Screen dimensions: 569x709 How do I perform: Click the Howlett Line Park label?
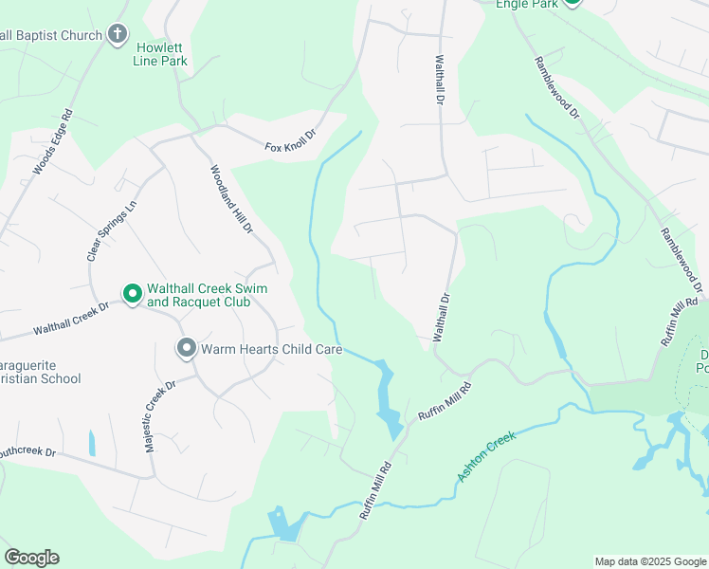pos(161,54)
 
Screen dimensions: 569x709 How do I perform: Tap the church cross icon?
pos(117,36)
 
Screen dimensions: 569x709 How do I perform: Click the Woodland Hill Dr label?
pos(231,200)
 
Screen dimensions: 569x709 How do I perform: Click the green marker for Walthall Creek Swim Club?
pos(133,295)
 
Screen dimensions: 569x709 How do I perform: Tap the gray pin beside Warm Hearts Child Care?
pos(186,349)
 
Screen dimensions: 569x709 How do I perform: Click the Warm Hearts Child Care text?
pos(271,349)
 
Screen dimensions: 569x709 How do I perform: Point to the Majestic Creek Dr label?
pos(158,416)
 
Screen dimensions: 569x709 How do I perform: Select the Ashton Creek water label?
pos(487,456)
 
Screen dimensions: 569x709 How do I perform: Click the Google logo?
pos(31,558)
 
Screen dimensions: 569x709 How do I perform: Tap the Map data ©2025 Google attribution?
pos(649,561)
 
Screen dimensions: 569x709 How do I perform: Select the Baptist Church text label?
pos(51,36)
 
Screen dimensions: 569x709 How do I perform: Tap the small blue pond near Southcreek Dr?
pos(92,442)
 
